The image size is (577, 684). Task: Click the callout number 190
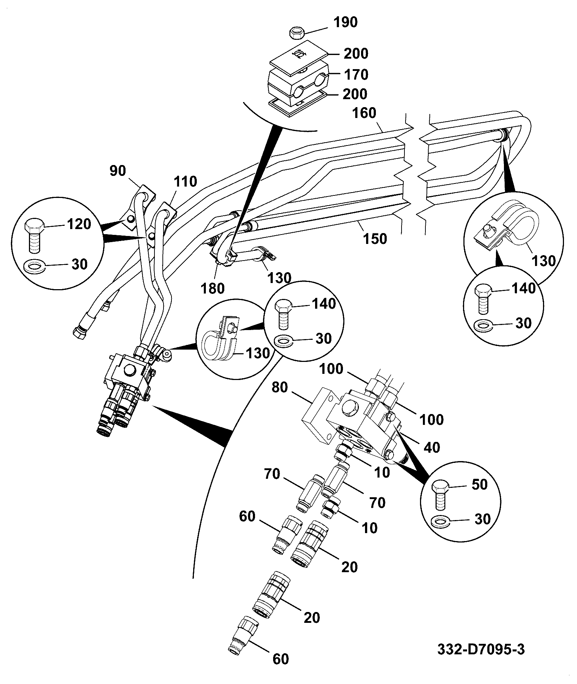pos(345,22)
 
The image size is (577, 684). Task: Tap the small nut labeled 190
pos(297,34)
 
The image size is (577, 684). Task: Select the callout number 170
pos(356,75)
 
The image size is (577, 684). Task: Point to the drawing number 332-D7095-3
pos(481,650)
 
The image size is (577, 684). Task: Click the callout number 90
pos(118,171)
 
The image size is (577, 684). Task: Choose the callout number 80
pos(280,388)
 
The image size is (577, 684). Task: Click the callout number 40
pos(432,447)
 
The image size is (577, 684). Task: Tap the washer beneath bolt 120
pos(33,267)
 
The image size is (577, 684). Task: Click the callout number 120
pos(79,224)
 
